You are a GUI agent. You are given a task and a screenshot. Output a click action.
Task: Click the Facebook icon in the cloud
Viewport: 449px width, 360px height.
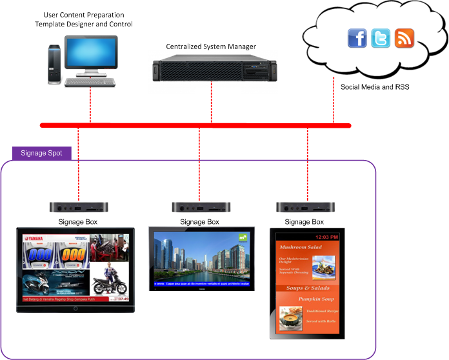[x=357, y=38]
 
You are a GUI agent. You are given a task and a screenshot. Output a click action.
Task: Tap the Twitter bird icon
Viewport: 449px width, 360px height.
[x=381, y=38]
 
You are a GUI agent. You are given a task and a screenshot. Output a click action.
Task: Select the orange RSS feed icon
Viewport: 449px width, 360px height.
[x=404, y=38]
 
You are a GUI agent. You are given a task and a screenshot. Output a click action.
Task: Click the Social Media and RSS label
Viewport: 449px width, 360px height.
[x=375, y=86]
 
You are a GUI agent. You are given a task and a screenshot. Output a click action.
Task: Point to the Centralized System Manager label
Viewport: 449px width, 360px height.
[x=211, y=46]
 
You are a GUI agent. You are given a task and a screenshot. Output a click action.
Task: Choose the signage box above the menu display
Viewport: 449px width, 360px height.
[x=305, y=208]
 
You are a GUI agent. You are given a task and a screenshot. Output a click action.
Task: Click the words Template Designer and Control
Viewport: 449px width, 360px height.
[x=84, y=24]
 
